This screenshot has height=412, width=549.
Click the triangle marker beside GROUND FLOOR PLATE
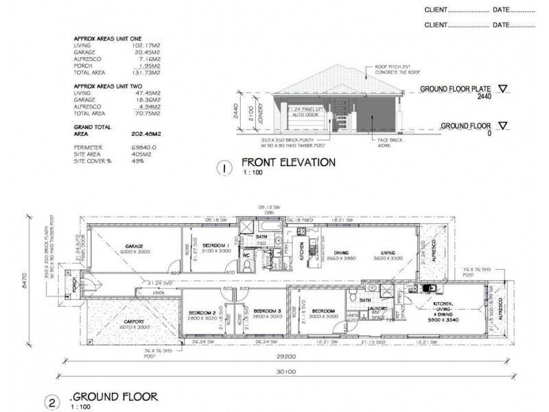click(504, 89)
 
